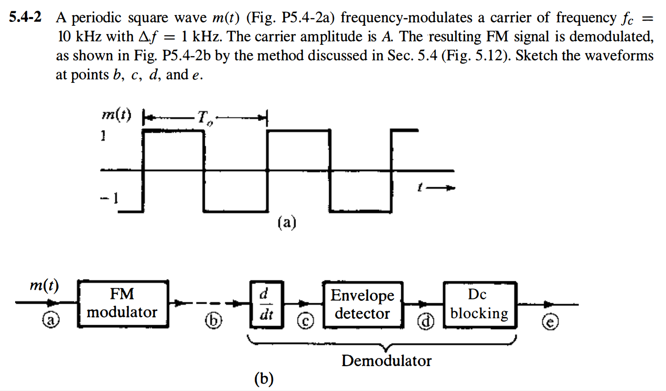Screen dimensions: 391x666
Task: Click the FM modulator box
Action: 122,303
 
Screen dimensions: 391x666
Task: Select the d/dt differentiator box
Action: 263,303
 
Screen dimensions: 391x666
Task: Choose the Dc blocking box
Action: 479,304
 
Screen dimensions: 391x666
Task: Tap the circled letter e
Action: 551,320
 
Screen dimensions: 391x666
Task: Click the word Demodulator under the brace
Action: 386,361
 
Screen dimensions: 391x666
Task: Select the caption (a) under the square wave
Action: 287,223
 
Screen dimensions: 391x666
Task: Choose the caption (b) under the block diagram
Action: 264,379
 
